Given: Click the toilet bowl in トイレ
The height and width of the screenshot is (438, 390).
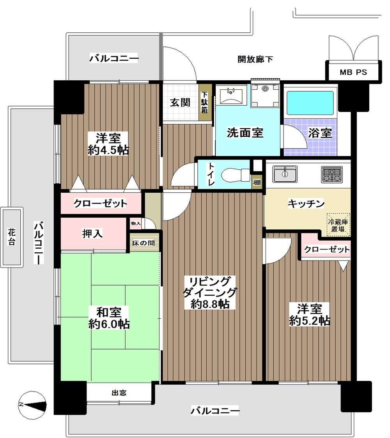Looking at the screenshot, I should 234,175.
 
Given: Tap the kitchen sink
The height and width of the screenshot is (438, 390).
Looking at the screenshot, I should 285,174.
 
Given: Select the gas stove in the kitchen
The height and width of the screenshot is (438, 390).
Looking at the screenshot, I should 332,174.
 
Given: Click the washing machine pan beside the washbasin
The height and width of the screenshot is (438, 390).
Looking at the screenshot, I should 265,94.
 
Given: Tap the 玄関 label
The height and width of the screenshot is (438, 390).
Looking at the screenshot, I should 180,103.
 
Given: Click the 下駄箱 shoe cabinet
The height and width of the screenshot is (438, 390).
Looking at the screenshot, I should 205,102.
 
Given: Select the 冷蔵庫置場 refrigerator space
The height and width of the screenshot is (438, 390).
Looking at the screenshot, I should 338,225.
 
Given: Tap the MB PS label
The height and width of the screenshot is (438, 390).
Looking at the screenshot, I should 353,72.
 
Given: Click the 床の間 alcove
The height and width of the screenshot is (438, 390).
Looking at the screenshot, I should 143,243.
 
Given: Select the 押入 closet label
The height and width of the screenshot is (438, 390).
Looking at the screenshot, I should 92,234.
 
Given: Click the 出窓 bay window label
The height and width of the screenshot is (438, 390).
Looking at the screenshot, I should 119,393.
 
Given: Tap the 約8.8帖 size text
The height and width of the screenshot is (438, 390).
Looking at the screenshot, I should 210,304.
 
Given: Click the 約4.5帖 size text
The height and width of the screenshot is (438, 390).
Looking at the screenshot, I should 108,151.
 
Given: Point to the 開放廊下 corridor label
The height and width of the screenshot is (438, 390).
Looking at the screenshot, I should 255,60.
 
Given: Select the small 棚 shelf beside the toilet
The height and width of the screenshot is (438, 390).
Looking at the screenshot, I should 257,182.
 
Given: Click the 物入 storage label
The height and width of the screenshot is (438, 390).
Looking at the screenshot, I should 136,223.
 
